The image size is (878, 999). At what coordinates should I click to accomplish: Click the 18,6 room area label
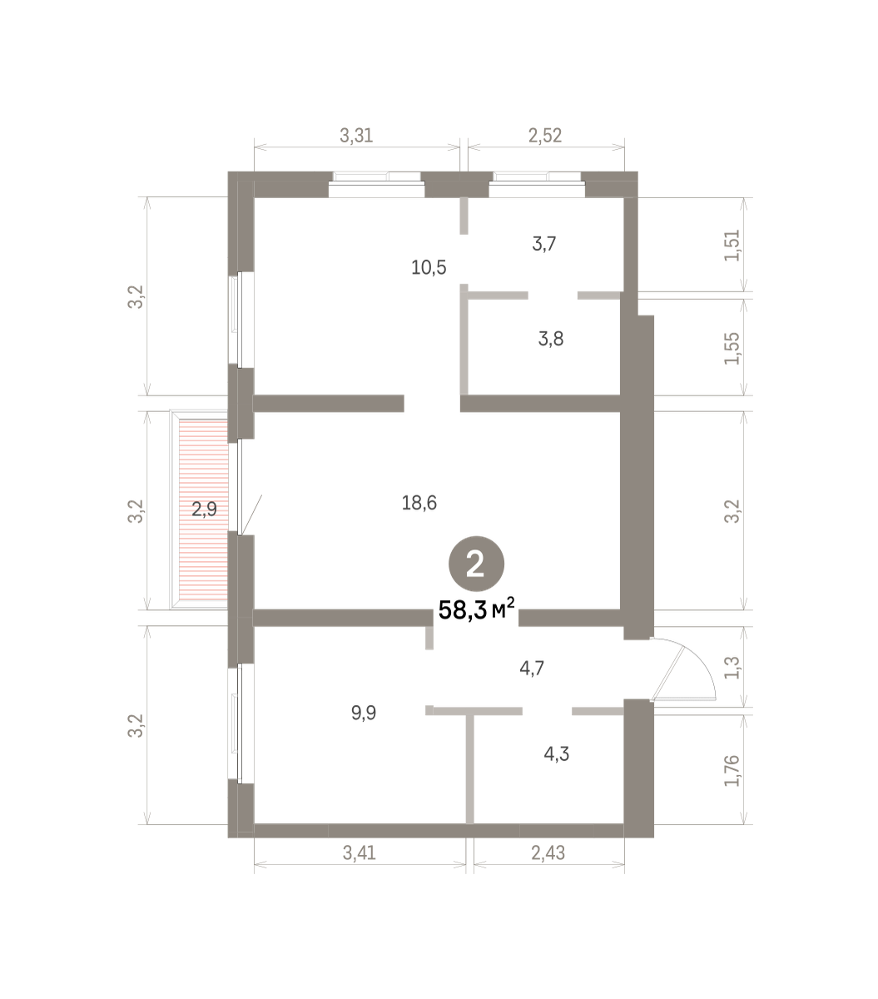(x=419, y=503)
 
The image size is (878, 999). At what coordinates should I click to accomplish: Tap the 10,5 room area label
(x=429, y=267)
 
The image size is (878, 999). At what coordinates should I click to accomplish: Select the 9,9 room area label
(x=364, y=713)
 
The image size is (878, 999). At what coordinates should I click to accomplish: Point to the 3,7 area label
(x=544, y=243)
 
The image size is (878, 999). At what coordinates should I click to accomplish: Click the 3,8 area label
(x=551, y=339)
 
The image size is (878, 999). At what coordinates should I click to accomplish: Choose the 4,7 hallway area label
(x=532, y=668)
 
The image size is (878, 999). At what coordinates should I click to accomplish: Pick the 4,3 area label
(x=557, y=754)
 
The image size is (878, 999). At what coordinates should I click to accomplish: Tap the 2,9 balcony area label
(x=204, y=509)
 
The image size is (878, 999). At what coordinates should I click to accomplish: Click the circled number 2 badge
(x=476, y=564)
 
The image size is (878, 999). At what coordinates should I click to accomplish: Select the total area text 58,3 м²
(x=476, y=609)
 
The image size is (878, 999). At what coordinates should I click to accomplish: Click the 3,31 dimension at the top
(x=356, y=135)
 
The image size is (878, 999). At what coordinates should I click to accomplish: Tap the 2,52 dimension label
(x=545, y=135)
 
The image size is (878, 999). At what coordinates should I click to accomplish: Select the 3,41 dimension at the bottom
(x=360, y=852)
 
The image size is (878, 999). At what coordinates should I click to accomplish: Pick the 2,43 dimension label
(x=548, y=852)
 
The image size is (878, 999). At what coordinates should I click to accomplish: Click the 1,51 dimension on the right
(x=732, y=246)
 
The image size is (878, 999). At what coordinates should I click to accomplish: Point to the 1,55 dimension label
(x=732, y=349)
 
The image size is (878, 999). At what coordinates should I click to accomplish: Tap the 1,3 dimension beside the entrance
(x=732, y=668)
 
